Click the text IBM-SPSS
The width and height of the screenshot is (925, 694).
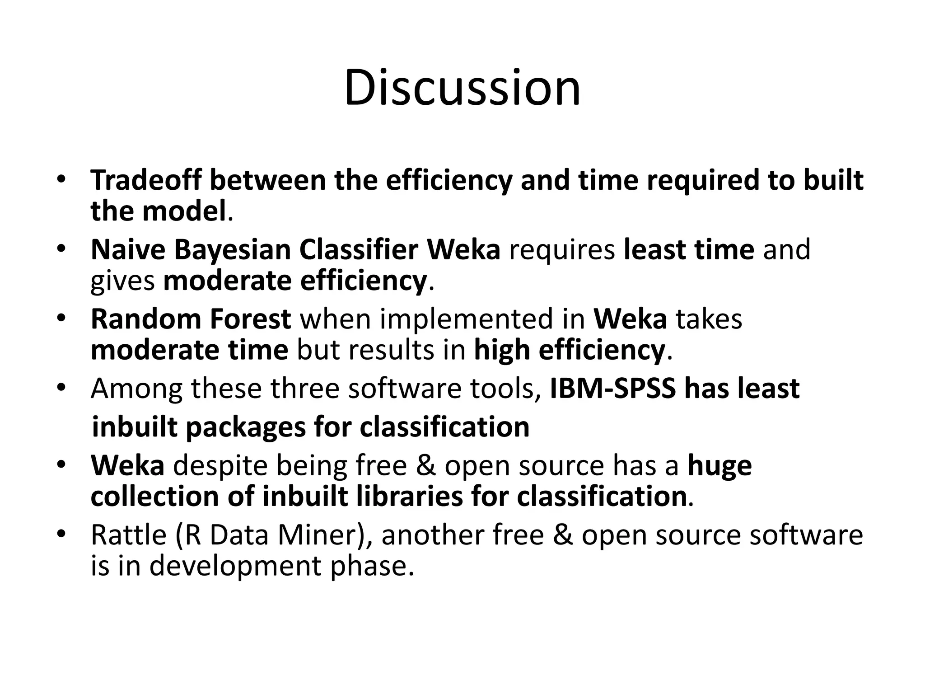coord(613,389)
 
